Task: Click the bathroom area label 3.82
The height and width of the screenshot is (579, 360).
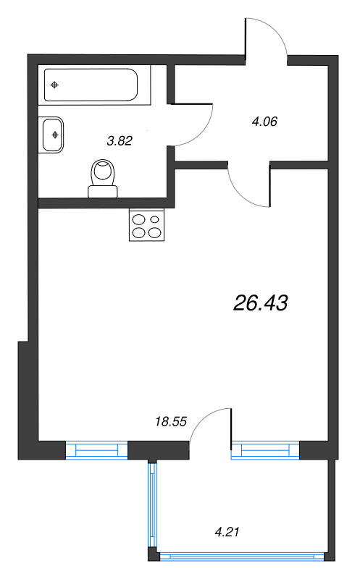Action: (x=119, y=142)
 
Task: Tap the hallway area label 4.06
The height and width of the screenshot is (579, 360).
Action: (x=264, y=122)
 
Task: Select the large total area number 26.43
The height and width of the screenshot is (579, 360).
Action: (x=261, y=304)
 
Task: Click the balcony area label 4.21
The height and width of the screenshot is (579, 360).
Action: (x=227, y=532)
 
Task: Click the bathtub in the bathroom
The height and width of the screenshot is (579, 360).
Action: (x=91, y=85)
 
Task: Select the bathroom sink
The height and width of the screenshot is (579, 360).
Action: (x=54, y=134)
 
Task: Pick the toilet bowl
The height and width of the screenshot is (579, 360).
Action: (x=104, y=174)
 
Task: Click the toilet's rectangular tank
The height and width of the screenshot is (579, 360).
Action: (x=102, y=192)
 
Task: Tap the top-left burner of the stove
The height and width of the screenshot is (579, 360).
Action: (x=138, y=218)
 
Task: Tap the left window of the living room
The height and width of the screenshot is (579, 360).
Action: (x=96, y=450)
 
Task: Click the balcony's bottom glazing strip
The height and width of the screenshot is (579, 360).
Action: (x=239, y=557)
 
